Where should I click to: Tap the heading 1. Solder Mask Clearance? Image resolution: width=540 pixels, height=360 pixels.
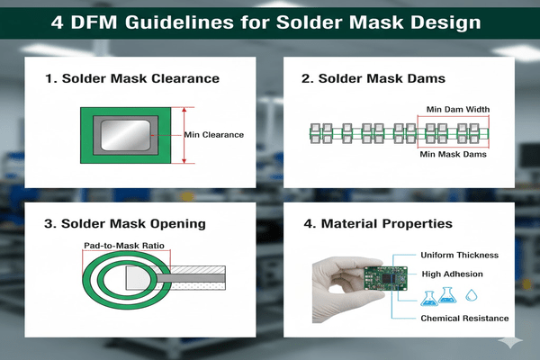(131, 79)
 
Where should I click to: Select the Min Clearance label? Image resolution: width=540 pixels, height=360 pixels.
(214, 135)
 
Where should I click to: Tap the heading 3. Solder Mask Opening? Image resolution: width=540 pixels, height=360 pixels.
(125, 222)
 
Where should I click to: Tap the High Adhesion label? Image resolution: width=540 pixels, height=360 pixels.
(454, 273)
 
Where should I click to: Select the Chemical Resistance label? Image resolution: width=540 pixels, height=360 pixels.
(463, 318)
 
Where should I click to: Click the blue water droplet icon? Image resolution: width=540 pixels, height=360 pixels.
(472, 293)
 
